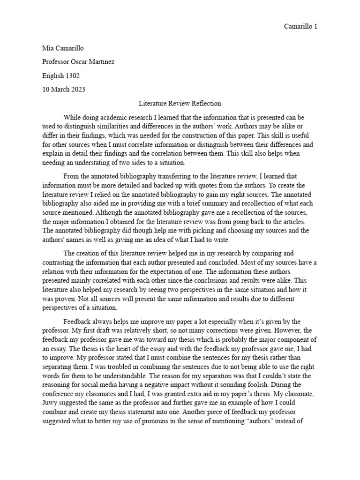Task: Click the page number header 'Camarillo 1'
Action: click(300, 26)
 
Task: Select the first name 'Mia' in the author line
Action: click(48, 49)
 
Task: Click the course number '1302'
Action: click(74, 76)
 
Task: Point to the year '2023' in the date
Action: click(77, 90)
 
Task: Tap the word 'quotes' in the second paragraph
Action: click(173, 185)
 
